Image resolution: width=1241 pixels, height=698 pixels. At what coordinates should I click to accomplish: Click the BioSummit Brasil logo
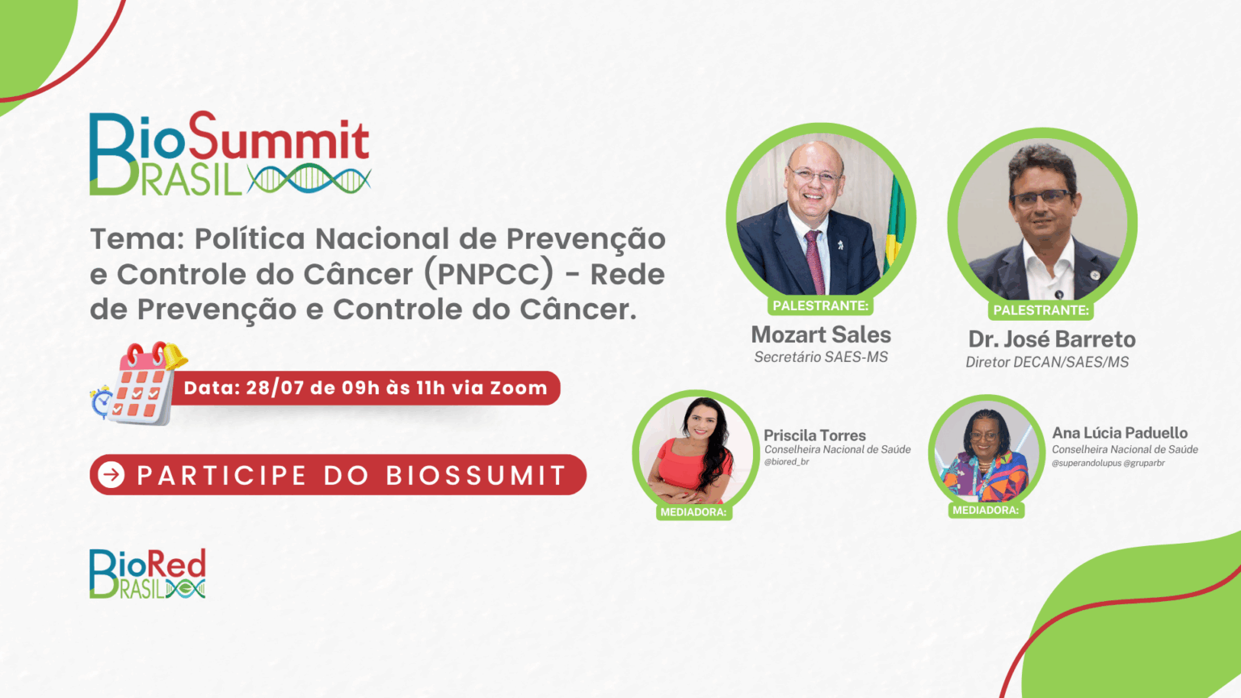(x=230, y=153)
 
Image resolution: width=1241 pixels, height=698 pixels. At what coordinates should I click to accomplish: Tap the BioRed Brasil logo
(x=147, y=574)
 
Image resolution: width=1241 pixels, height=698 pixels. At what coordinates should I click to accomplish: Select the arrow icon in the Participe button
(x=111, y=475)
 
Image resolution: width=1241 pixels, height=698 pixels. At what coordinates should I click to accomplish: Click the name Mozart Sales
(x=821, y=334)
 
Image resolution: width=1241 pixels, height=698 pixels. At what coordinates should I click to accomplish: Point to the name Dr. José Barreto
(x=1051, y=339)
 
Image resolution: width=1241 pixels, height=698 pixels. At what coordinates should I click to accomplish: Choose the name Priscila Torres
(x=814, y=435)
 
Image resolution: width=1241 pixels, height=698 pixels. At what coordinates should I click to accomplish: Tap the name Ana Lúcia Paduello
(x=1120, y=433)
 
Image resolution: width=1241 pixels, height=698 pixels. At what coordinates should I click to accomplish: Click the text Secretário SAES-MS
(x=821, y=357)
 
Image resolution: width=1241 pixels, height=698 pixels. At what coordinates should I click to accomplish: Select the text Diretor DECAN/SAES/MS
(x=1047, y=362)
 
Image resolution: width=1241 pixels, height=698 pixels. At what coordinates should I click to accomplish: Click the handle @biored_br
(x=787, y=462)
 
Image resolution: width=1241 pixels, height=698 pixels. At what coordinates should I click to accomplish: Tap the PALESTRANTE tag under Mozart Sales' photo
(x=821, y=306)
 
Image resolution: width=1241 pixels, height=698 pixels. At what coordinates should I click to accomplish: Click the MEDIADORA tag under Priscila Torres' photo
(x=693, y=512)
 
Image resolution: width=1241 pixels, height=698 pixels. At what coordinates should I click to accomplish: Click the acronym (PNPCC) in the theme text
(x=489, y=274)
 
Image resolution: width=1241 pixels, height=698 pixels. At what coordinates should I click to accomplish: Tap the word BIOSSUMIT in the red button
(x=475, y=475)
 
